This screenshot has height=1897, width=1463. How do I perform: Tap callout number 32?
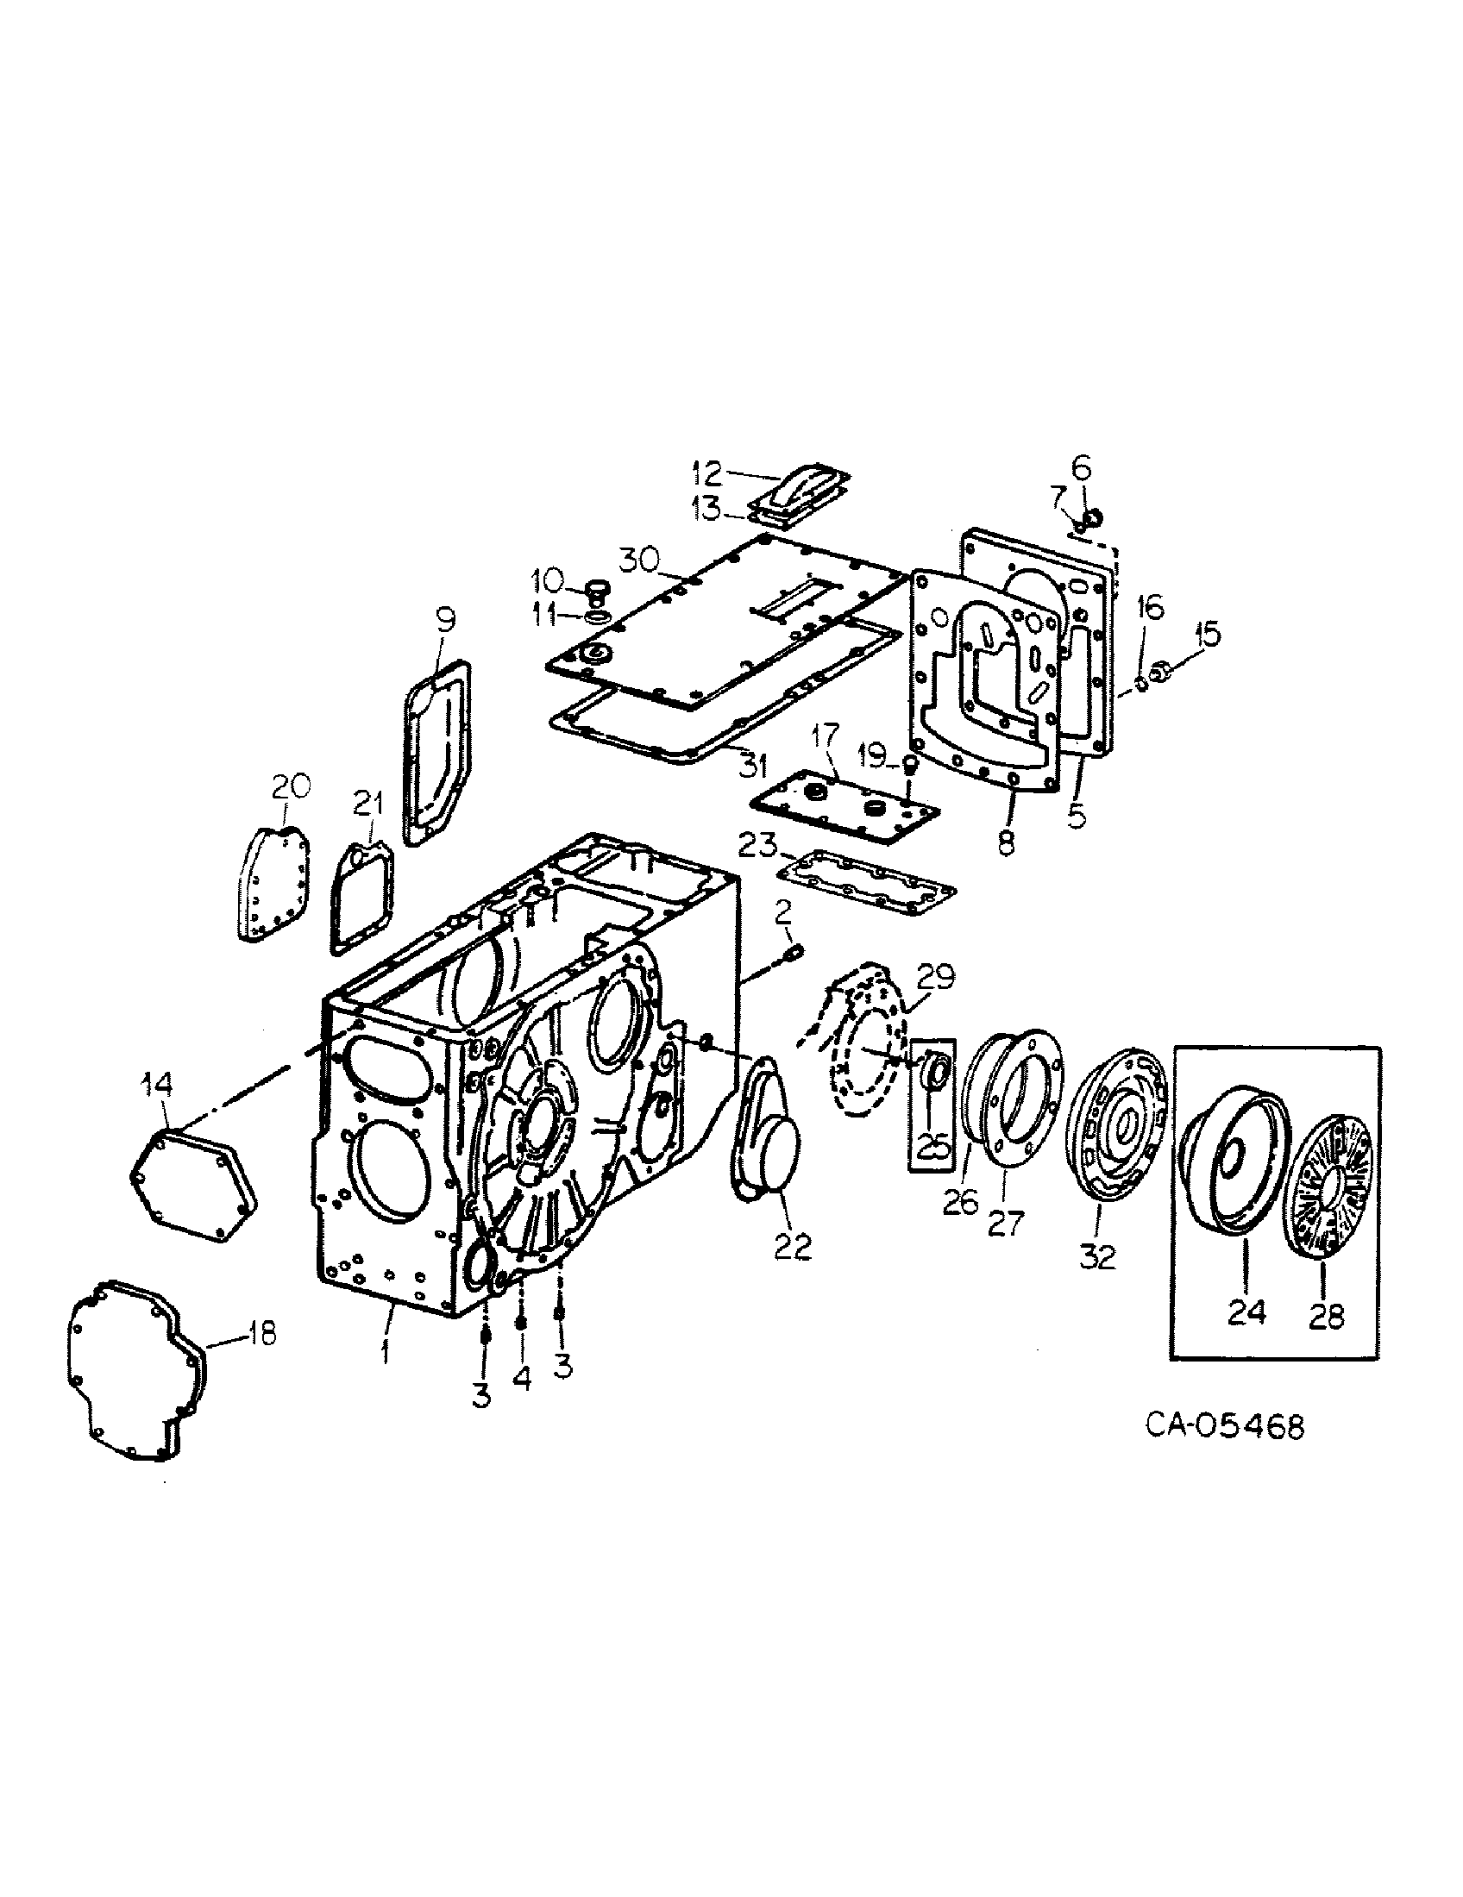coord(1096,1257)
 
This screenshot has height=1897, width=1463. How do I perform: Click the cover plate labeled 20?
coord(273,881)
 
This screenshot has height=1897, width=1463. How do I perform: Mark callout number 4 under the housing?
coord(521,1379)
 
